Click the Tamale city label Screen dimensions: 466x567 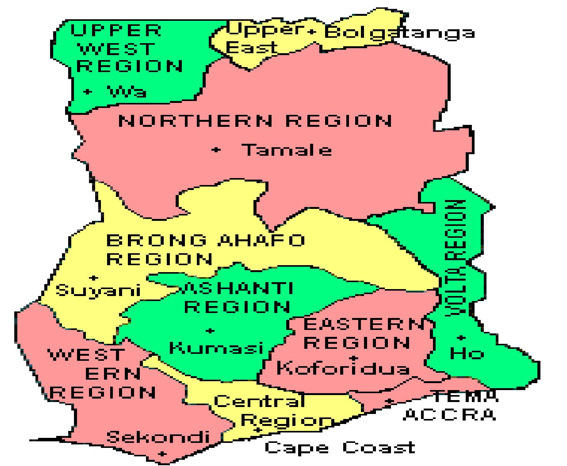click(286, 150)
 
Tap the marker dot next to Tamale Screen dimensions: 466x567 click(216, 150)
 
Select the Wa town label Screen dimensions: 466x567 click(127, 92)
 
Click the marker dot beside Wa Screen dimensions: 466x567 click(88, 92)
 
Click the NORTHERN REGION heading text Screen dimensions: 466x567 click(255, 121)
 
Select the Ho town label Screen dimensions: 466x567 click(467, 353)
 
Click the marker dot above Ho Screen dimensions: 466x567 click(461, 338)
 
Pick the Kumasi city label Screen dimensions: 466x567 click(216, 348)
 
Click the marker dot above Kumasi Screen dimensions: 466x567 click(210, 331)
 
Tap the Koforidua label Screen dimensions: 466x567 click(343, 368)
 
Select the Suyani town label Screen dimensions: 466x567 click(98, 290)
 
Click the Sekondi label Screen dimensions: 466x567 click(158, 437)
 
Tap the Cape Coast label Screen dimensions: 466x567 click(340, 447)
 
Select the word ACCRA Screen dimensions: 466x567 click(449, 415)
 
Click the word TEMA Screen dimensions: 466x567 click(465, 396)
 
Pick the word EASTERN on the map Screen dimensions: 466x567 click(364, 325)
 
